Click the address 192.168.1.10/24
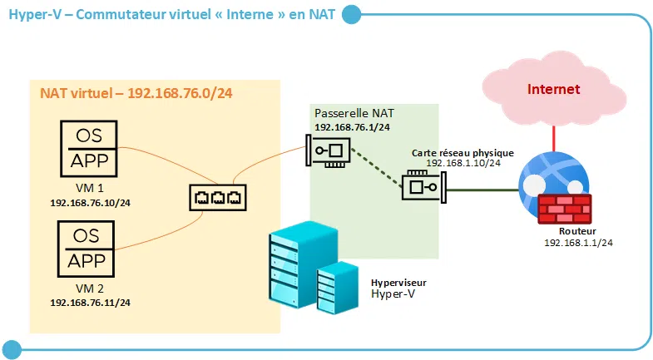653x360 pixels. click(x=463, y=164)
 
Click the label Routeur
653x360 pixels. click(x=577, y=231)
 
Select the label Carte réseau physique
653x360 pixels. click(x=463, y=153)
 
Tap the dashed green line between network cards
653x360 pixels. click(x=376, y=169)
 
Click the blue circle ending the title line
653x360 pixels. click(x=352, y=14)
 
